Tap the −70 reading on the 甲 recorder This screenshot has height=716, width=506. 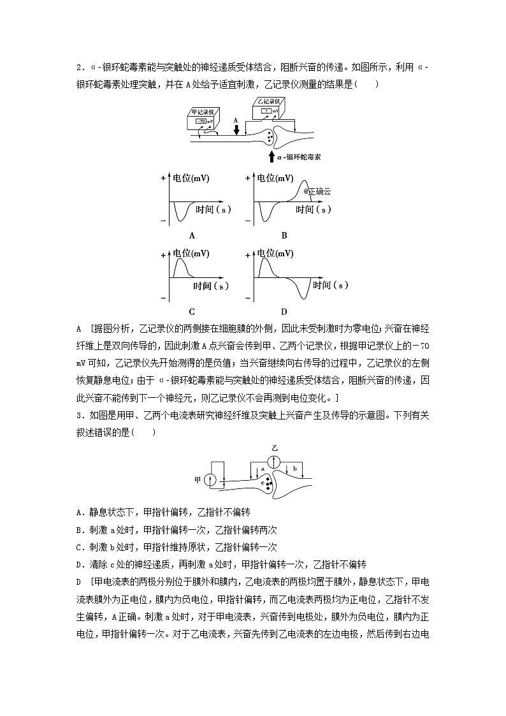201,121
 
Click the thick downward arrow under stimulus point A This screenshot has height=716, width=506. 236,129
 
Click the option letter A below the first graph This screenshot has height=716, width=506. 192,235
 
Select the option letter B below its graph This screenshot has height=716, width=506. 284,235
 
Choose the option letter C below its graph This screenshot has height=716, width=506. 192,311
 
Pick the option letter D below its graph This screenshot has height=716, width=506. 284,311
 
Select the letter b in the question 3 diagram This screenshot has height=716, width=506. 294,469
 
